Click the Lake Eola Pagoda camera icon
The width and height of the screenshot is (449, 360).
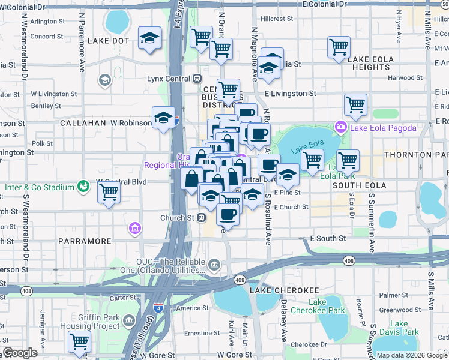[x=341, y=127]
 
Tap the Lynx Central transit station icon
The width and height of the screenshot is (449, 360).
[x=197, y=79]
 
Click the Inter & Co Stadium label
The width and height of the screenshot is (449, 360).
[x=40, y=187]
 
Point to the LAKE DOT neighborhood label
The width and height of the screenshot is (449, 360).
[x=108, y=41]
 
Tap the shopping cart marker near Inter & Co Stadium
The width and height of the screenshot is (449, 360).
[x=109, y=192]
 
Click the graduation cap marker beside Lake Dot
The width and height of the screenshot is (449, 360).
[x=149, y=39]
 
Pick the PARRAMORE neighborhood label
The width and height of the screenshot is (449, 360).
[x=85, y=241]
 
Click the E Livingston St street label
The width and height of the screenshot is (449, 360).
[x=290, y=94]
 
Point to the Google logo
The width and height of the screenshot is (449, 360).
[x=20, y=353]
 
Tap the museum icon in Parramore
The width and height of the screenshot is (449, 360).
[x=134, y=229]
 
